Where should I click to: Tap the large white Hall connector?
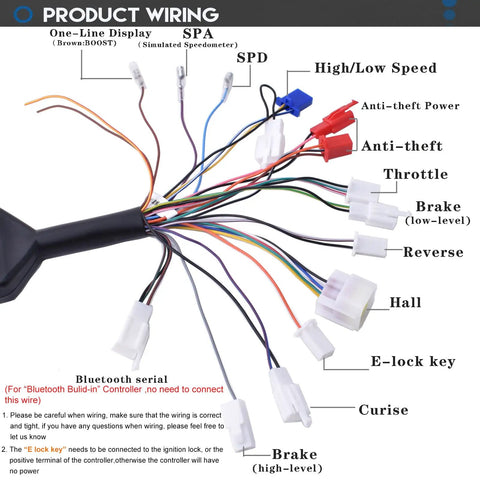[346, 300]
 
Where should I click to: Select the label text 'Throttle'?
[416, 174]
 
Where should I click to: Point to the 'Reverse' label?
[433, 252]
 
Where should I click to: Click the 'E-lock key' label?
[413, 361]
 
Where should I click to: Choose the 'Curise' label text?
[383, 410]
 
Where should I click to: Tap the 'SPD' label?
[252, 58]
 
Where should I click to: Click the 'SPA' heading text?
[198, 34]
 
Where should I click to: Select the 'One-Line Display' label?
[100, 33]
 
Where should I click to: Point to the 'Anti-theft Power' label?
[410, 106]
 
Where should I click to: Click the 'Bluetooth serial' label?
[121, 379]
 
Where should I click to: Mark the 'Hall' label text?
[405, 302]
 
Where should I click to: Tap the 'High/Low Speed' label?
[375, 68]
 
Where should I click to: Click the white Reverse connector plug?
[370, 245]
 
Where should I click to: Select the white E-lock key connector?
[314, 339]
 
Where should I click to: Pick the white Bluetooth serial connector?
[133, 333]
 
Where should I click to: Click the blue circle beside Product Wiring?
[23, 14]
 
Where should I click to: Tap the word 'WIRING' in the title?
[182, 15]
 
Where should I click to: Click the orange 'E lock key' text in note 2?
[45, 449]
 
